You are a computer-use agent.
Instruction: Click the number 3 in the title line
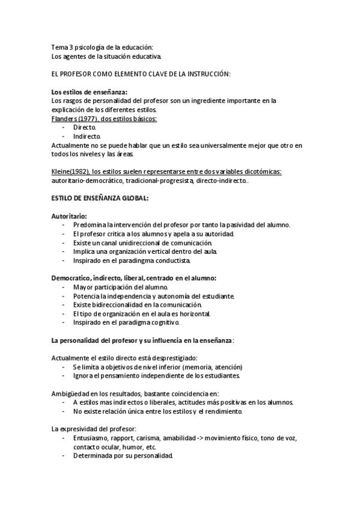(70, 48)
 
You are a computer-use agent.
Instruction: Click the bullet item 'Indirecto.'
(87, 137)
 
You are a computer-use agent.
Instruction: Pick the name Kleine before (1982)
(63, 172)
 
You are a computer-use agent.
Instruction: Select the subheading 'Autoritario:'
(69, 216)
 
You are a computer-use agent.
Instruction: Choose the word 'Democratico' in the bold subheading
(70, 278)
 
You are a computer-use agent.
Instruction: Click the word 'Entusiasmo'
(91, 438)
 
